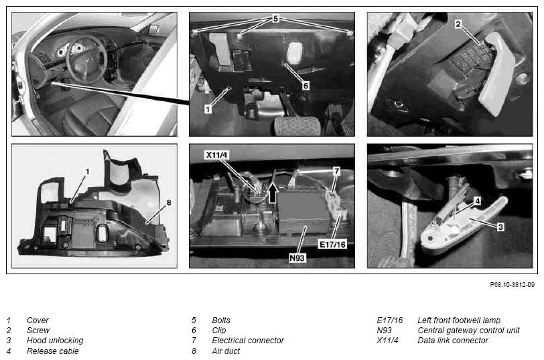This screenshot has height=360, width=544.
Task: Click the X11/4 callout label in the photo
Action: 217,155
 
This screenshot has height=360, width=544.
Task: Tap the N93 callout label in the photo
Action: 297,258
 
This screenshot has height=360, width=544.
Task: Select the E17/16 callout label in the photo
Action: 332,245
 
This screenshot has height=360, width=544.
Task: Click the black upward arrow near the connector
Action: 273,193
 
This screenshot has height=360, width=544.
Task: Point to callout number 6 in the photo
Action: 305,85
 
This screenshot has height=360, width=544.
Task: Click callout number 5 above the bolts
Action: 275,18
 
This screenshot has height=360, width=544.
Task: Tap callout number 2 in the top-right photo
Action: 458,24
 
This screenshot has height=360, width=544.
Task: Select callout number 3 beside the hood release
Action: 500,227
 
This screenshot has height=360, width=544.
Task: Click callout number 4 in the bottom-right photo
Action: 478,201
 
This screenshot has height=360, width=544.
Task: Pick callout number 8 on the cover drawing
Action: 169,202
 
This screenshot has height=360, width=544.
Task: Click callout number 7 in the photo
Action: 336,171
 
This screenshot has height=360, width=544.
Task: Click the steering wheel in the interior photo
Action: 84,59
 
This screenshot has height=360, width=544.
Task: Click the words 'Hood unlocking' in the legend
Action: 55,340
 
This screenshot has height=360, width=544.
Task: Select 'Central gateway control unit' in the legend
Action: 468,330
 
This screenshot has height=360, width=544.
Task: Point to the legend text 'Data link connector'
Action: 453,340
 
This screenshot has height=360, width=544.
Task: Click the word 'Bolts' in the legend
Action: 221,320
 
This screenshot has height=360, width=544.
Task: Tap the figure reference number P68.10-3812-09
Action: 512,285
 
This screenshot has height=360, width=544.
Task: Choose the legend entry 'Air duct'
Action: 226,351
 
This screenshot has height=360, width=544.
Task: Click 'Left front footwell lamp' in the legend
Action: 459,320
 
